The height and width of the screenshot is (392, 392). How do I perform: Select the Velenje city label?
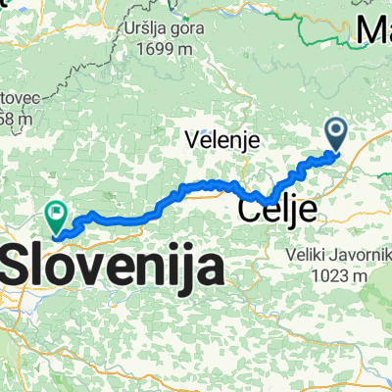222,141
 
